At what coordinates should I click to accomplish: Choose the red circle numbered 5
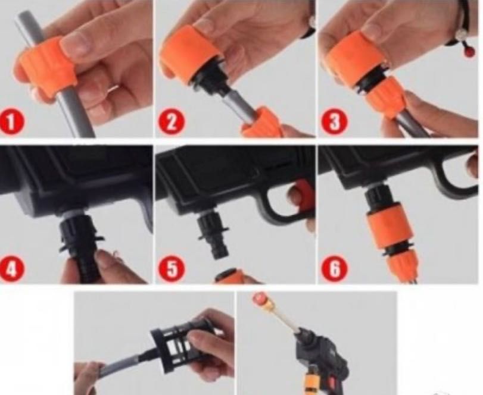point(172,268)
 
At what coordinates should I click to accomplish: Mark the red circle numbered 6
point(334,268)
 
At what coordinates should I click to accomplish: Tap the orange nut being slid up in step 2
point(262,122)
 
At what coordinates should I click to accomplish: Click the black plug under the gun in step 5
point(213,233)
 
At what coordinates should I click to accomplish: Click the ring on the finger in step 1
point(113,89)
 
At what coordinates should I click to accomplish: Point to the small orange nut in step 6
point(400,264)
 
